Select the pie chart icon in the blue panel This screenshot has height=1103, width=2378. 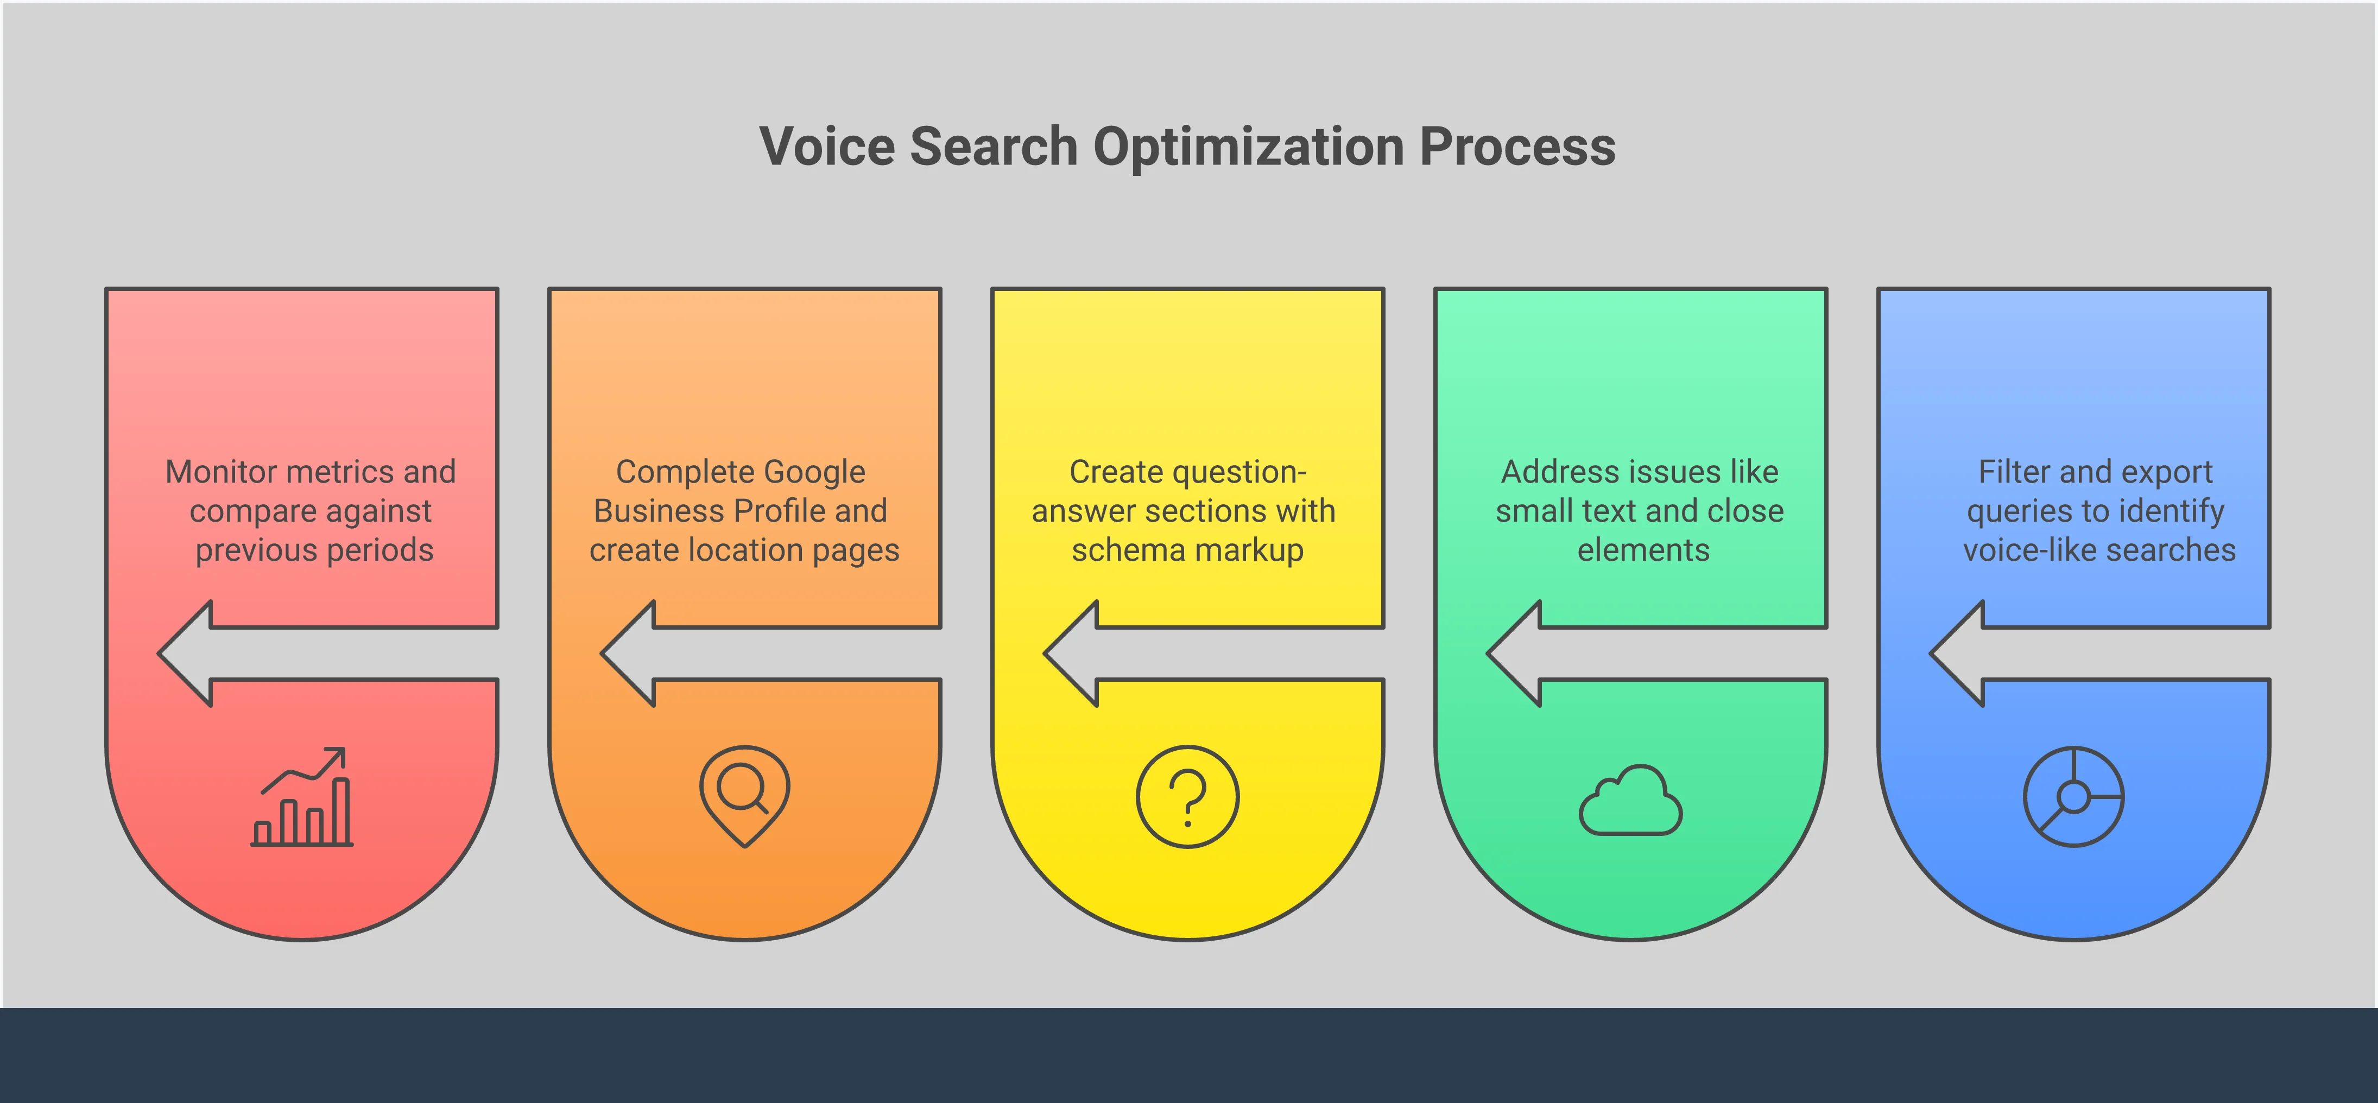tap(2073, 796)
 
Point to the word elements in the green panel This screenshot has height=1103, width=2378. tap(1643, 550)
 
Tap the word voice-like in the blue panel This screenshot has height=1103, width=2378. tap(2017, 550)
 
